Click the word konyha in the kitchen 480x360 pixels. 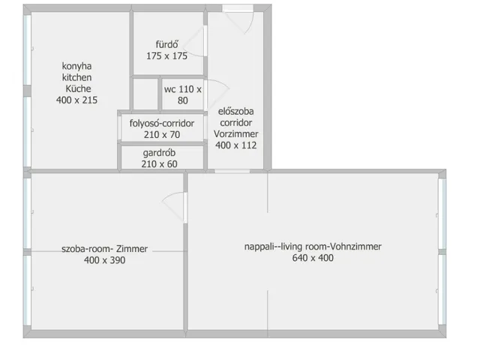(x=76, y=67)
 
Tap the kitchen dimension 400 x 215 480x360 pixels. (x=76, y=100)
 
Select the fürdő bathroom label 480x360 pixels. (x=166, y=45)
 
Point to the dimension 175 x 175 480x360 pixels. (x=166, y=56)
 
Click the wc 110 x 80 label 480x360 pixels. (x=183, y=95)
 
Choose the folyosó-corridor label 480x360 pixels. (x=162, y=123)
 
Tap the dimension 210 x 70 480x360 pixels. (x=162, y=135)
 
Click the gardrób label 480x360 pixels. (x=159, y=153)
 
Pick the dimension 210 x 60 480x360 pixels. (x=159, y=164)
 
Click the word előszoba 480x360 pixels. (x=235, y=112)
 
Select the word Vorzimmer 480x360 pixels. (x=236, y=134)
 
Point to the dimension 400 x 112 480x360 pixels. (x=236, y=145)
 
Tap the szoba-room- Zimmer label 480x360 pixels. (x=105, y=249)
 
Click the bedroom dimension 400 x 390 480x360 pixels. (x=105, y=260)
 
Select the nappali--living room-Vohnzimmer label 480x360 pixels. (x=313, y=247)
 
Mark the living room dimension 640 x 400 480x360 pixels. (x=313, y=258)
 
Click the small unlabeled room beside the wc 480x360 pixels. (x=145, y=94)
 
